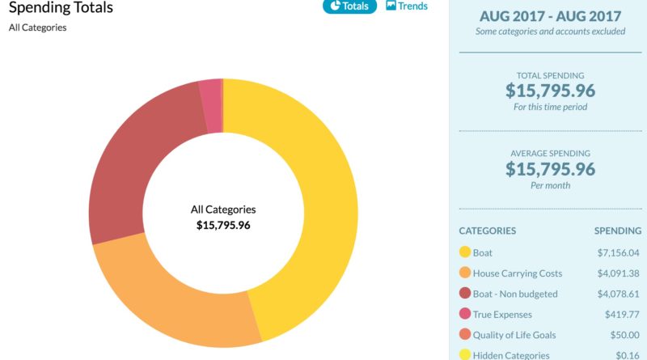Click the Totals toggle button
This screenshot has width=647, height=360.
coord(350,6)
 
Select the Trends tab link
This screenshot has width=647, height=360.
coord(407,6)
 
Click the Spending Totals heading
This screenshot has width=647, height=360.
coord(61,8)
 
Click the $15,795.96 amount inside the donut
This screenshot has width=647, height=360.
coord(223,226)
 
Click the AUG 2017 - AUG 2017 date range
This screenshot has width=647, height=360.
coord(550,16)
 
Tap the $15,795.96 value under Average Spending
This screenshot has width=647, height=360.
coord(550,168)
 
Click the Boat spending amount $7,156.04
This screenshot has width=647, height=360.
coord(617,253)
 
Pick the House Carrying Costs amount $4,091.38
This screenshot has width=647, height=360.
coord(617,273)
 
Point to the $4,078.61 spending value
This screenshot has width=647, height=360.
coord(617,294)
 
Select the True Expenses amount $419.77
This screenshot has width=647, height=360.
coord(622,315)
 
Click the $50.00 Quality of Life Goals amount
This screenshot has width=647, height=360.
coord(624,335)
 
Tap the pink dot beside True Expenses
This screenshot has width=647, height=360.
coord(465,315)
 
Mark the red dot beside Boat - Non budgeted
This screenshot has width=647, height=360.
coord(465,294)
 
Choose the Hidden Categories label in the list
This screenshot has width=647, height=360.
coord(511,355)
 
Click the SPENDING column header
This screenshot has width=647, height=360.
coord(617,231)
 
